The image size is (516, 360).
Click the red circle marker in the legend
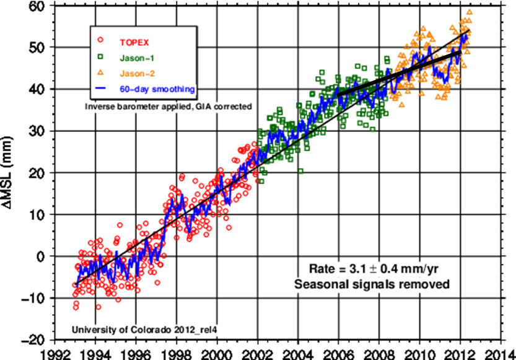click(101, 41)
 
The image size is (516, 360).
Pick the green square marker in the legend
click(101, 58)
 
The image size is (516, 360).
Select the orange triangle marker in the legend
click(101, 73)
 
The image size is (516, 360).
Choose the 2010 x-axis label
click(419, 354)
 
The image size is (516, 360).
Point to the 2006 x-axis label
click(338, 354)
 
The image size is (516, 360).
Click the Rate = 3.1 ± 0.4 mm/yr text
click(374, 270)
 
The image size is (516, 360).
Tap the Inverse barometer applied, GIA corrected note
click(168, 107)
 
